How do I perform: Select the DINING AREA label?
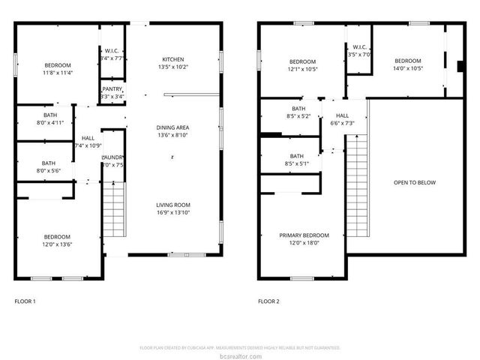pyautogui.click(x=172, y=127)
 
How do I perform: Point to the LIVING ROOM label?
pyautogui.click(x=173, y=205)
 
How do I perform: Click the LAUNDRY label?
pyautogui.click(x=112, y=157)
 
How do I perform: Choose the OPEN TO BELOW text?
pyautogui.click(x=414, y=182)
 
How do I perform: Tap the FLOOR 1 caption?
pyautogui.click(x=25, y=301)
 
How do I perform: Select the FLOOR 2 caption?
pyautogui.click(x=268, y=301)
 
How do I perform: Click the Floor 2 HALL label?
pyautogui.click(x=343, y=115)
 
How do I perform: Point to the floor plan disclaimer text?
pyautogui.click(x=240, y=348)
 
